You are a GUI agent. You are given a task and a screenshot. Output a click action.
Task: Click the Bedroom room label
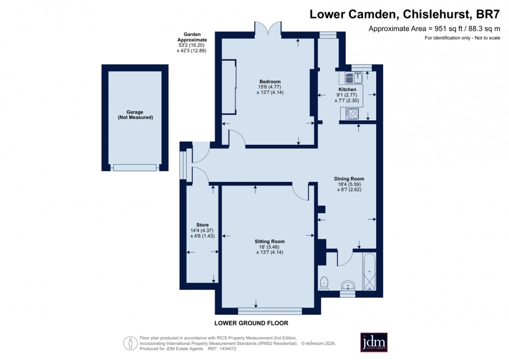pos(269,81)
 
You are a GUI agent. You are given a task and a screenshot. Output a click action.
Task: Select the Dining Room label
pos(349,179)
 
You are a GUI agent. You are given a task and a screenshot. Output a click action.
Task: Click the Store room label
pos(202,225)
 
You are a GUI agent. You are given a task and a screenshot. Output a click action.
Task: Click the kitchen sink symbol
pos(352,77)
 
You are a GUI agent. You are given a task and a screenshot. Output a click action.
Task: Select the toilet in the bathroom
pos(324,283)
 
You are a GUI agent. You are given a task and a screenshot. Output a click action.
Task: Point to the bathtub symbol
pos(370,273)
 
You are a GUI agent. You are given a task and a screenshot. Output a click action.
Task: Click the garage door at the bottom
pos(135,167)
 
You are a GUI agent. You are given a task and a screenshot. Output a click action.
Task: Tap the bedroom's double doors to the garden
pos(269,30)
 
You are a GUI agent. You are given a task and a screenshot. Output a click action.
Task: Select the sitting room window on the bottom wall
pos(269,311)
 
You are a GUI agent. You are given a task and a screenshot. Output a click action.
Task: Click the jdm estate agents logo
pos(374,342)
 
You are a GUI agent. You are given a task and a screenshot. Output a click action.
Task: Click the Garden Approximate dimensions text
pos(192,42)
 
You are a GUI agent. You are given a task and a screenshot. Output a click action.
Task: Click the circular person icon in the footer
pos(130,343)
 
